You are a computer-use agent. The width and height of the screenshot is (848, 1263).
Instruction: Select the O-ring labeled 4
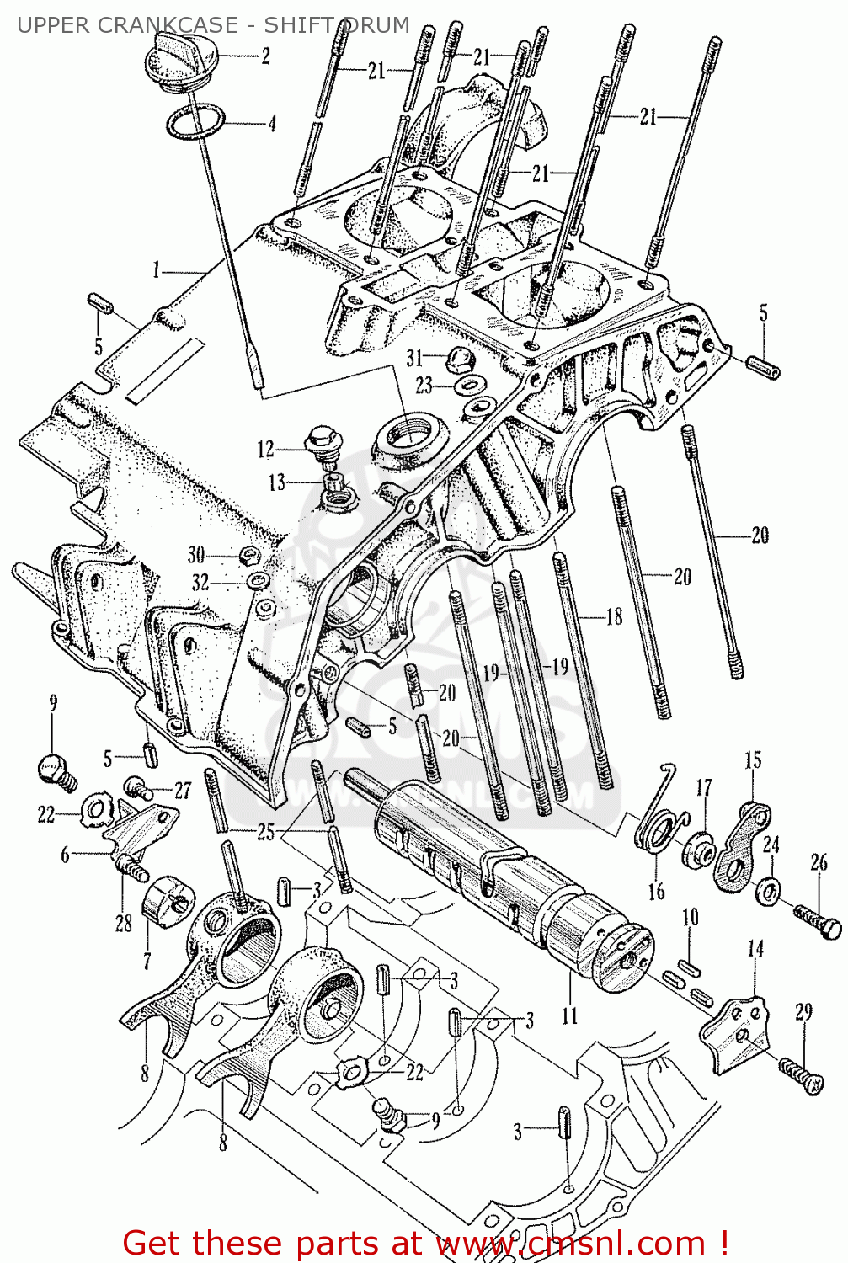195,123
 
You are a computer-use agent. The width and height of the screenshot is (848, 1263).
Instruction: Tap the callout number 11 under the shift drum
570,1015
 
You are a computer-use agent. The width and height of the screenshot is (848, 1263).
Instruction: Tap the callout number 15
753,759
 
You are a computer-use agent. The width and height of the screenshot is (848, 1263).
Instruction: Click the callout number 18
615,616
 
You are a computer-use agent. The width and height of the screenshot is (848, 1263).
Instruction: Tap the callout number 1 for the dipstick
156,270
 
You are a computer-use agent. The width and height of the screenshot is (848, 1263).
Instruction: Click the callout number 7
147,961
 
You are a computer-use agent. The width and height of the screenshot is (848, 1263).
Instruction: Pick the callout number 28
124,924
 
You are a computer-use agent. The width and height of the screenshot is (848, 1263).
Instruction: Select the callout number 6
65,855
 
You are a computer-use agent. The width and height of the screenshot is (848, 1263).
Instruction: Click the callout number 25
265,833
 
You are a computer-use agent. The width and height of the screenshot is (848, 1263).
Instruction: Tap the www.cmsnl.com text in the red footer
571,1243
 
